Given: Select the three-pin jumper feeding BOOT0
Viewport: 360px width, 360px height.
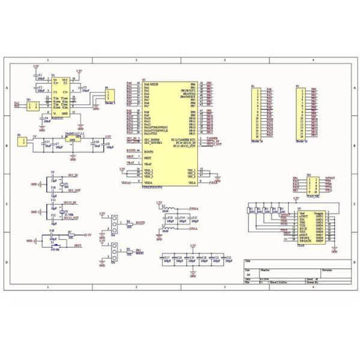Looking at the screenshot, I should (x=113, y=224).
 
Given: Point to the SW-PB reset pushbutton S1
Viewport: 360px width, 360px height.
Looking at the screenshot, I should (x=56, y=245).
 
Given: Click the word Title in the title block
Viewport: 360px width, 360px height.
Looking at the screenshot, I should (x=248, y=263).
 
